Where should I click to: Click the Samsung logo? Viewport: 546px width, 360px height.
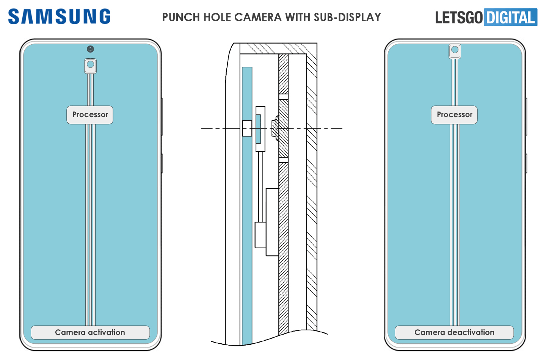[x=59, y=17]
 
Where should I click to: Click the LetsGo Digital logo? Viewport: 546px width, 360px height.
[x=486, y=17]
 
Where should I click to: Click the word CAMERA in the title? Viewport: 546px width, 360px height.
[x=258, y=17]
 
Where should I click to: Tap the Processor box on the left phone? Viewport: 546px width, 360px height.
[x=90, y=115]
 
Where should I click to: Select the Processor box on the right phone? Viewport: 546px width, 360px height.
[x=454, y=115]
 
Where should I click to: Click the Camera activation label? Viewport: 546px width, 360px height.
[x=90, y=332]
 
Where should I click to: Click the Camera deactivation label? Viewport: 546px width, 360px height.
[x=454, y=332]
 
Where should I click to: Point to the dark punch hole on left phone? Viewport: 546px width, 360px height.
[x=90, y=49]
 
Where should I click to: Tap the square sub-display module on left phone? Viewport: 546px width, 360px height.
[x=90, y=66]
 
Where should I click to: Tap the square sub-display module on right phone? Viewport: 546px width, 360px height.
[x=455, y=51]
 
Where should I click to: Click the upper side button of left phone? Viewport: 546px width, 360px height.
[x=162, y=116]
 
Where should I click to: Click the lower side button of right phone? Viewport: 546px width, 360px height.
[x=526, y=163]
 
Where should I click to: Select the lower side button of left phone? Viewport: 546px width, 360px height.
[x=162, y=163]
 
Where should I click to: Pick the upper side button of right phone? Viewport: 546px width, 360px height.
[x=526, y=116]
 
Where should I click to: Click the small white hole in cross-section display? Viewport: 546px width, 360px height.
[x=247, y=128]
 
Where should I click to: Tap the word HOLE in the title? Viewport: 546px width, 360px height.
[x=218, y=17]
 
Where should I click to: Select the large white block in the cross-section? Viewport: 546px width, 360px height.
[x=272, y=222]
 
